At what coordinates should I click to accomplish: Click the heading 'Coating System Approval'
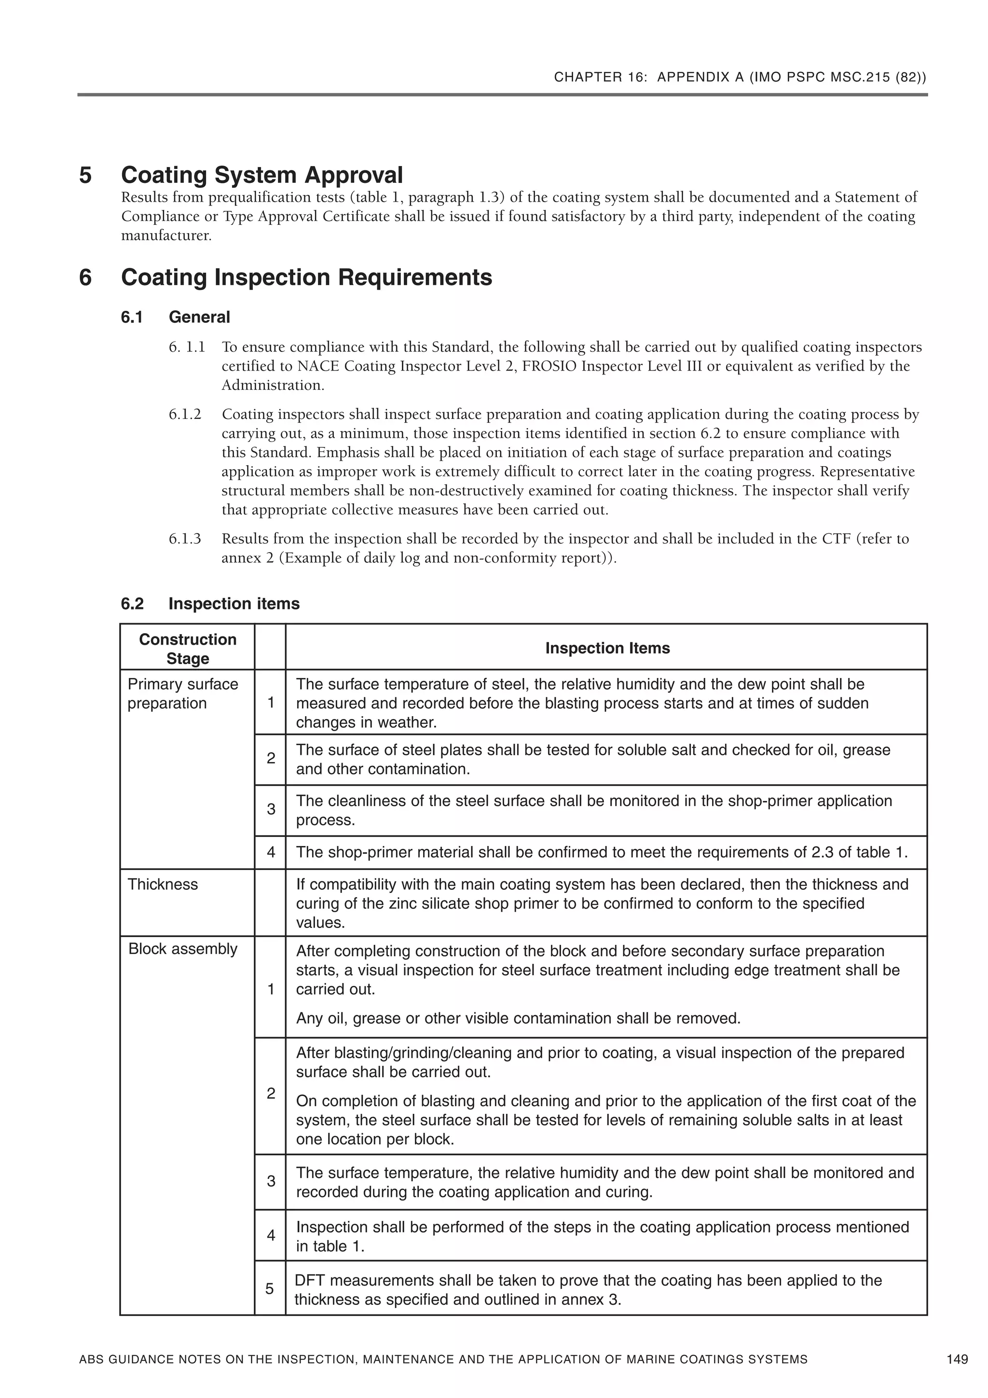262,175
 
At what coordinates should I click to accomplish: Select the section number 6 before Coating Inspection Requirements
86,277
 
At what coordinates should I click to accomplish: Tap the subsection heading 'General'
199,317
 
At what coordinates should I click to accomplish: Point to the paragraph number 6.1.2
185,415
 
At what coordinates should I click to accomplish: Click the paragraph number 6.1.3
185,539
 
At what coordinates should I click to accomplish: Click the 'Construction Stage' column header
188,649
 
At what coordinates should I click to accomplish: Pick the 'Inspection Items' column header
607,648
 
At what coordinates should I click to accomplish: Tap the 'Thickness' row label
163,884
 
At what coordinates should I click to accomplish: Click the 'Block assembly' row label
183,949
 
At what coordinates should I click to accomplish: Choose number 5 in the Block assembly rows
270,1288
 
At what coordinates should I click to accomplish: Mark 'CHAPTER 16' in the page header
600,77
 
